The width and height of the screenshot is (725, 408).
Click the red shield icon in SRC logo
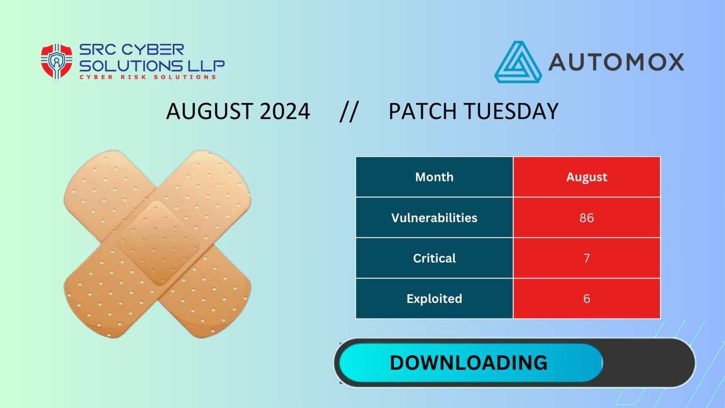coord(56,61)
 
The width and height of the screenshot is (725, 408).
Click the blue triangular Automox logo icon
coord(517,63)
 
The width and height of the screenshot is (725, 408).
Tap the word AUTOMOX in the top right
coord(616,62)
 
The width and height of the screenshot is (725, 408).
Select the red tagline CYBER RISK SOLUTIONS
coord(148,77)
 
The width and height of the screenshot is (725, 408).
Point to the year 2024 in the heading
coord(285,111)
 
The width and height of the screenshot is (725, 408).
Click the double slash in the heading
coord(349,111)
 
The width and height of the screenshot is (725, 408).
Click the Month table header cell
coord(434,177)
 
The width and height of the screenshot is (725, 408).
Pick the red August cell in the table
coord(586,177)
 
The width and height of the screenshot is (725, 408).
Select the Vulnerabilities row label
coord(434,218)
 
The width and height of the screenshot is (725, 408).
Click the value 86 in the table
coord(586,218)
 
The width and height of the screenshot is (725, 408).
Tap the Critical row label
coord(434,258)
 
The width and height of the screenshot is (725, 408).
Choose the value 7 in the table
coord(586,258)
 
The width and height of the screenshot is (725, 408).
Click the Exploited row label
coord(434,299)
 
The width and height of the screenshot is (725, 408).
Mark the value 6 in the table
coord(586,299)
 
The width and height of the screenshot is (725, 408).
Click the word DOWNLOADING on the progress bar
coord(468,363)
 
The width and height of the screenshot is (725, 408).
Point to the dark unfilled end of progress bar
coord(647,363)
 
